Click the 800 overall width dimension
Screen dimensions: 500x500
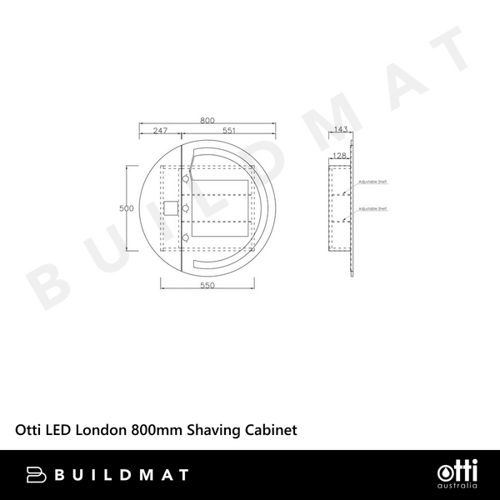(207, 120)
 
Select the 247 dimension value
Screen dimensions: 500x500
(161, 130)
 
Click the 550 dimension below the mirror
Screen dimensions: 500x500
(207, 286)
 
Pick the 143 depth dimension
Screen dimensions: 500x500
(340, 129)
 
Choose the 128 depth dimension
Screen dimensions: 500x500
(340, 156)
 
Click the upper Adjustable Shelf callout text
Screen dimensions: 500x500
(372, 180)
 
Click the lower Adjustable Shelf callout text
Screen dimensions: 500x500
(372, 208)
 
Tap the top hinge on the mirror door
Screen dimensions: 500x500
(186, 177)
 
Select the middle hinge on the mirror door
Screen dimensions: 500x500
(186, 207)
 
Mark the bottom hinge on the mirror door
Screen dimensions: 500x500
(186, 238)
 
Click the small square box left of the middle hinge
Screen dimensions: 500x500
(172, 207)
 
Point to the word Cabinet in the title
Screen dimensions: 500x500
(271, 429)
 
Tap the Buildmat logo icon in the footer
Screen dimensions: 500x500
(37, 475)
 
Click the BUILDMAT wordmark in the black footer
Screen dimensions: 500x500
(121, 475)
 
